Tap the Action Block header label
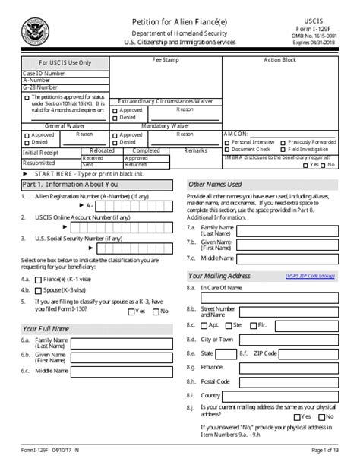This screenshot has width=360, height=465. tap(279, 60)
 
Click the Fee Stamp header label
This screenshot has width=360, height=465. tap(165, 60)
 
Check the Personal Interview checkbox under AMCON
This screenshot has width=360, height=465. tap(227, 142)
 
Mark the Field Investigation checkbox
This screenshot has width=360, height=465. tap(283, 150)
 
